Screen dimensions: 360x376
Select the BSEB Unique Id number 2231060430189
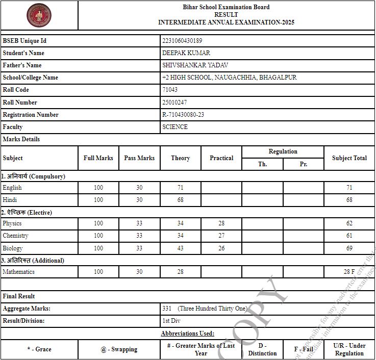[182, 41]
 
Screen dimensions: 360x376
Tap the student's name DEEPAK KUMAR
[186, 53]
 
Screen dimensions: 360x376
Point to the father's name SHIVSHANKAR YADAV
[195, 65]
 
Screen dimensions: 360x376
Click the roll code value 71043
[170, 90]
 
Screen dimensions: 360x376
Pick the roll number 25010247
[174, 102]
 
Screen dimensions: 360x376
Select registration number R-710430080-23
[183, 115]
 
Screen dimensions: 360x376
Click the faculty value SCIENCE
[175, 127]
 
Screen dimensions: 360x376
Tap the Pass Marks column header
[139, 158]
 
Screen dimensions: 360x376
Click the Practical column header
[221, 158]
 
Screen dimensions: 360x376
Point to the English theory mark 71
[181, 188]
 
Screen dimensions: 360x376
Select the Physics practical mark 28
[221, 223]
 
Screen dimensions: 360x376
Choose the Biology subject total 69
[349, 248]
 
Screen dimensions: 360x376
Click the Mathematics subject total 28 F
[349, 272]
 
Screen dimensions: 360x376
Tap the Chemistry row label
[15, 236]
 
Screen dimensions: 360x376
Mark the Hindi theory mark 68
[181, 200]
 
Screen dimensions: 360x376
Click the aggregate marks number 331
[167, 308]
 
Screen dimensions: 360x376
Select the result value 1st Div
[171, 321]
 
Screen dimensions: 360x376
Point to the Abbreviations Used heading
[187, 333]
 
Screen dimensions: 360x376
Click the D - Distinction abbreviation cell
[262, 349]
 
